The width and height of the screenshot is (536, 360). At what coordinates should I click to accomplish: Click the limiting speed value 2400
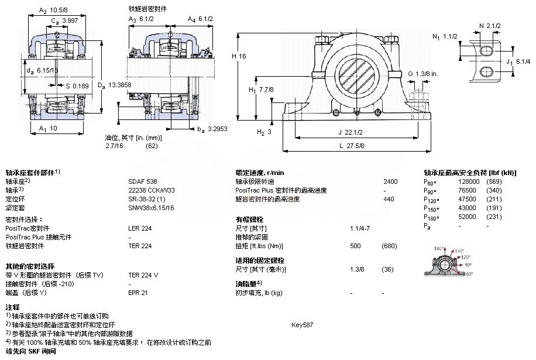click(390, 181)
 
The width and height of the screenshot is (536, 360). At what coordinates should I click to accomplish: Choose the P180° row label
click(431, 217)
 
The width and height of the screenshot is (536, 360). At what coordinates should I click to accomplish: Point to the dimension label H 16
click(239, 56)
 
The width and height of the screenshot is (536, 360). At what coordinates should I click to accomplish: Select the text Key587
click(302, 324)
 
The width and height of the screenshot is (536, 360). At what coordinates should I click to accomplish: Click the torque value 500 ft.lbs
click(355, 246)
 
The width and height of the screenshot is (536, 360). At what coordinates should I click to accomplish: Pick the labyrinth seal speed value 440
click(389, 199)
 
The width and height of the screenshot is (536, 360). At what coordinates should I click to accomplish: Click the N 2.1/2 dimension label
click(490, 25)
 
